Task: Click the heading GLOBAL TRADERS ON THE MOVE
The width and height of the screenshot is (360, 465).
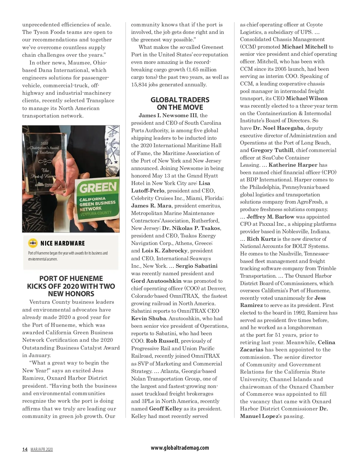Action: coord(180,103)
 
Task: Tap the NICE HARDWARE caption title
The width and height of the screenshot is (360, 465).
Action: coord(63,243)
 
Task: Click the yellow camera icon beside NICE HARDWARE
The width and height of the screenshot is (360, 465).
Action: coord(33,243)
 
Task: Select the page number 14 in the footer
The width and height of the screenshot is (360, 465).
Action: coord(25,449)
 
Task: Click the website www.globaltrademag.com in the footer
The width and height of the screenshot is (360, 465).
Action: coord(180,448)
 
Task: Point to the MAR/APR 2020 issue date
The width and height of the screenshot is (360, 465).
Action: coord(41,449)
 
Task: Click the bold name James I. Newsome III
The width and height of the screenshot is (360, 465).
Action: coord(168,115)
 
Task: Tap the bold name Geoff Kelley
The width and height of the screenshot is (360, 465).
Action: coord(166,409)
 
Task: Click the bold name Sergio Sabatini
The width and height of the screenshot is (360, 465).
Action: coord(196,266)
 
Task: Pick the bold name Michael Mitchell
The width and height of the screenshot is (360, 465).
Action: coord(304,47)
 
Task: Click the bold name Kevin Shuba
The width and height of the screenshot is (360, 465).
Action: coord(148,318)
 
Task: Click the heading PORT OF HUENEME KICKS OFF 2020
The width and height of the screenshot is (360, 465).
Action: coord(71,286)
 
